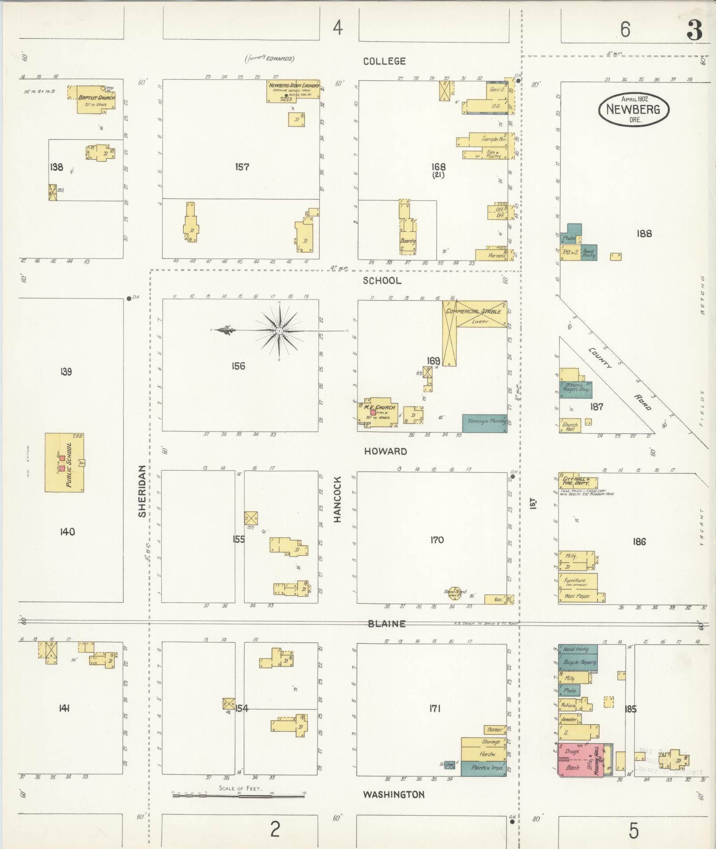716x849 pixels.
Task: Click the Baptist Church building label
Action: pos(96,98)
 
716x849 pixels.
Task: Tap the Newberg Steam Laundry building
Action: pos(293,91)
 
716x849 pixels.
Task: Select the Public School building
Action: pos(64,463)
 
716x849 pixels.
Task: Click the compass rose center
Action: pos(280,331)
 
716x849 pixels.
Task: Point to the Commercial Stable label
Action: pos(474,312)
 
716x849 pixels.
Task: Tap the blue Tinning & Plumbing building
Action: pos(484,423)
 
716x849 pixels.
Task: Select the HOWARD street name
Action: pos(385,451)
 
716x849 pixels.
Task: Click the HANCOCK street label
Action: pos(337,499)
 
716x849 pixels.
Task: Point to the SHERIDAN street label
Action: pos(142,491)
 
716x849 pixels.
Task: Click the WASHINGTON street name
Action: pos(394,794)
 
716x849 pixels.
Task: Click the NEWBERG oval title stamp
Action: pos(633,109)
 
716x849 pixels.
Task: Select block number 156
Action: pos(238,366)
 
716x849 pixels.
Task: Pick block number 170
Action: pos(437,540)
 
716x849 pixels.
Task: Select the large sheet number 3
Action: pos(694,30)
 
